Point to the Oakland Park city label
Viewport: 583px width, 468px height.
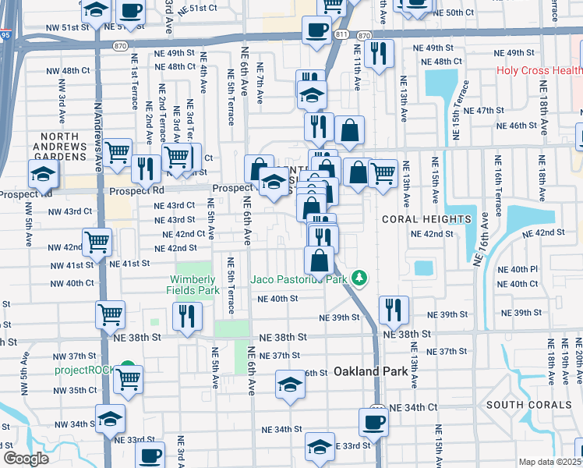click(371, 372)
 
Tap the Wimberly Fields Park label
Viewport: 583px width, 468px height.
click(192, 285)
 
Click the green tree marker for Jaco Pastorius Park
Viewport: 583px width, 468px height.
click(359, 277)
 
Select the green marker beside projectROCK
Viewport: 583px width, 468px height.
click(127, 367)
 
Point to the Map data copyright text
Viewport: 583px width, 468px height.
click(550, 462)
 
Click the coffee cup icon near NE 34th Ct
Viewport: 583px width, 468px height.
click(373, 422)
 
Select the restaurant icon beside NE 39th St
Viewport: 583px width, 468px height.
click(394, 309)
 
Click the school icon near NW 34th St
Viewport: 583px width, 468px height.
click(110, 418)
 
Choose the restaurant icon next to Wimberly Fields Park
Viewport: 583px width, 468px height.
click(187, 315)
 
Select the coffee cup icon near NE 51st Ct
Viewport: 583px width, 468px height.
click(130, 11)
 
